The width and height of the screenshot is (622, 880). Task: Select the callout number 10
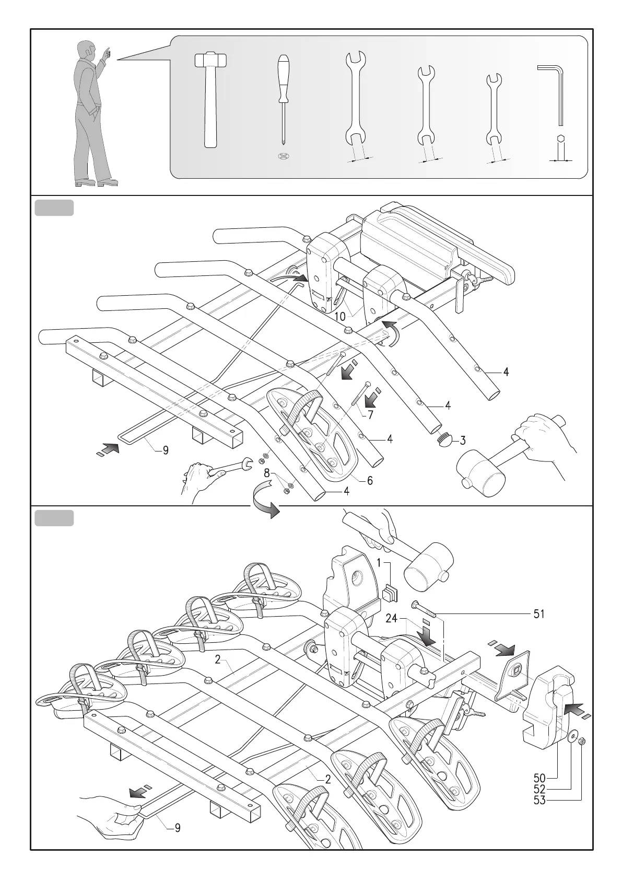[340, 317]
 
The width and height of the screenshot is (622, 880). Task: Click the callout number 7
[370, 415]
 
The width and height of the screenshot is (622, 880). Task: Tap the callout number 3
[462, 440]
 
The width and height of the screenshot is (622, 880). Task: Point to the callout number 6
[369, 480]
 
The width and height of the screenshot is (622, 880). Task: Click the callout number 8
[267, 474]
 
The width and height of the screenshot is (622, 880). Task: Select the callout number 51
[539, 614]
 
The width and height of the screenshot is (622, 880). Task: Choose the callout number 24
[393, 619]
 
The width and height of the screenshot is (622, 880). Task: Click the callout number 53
[539, 815]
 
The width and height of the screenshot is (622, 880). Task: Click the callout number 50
[539, 791]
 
